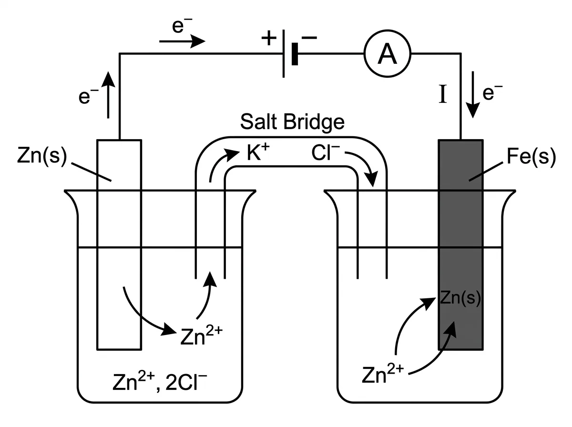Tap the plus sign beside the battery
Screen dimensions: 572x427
(269, 38)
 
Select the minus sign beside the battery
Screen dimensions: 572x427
(309, 38)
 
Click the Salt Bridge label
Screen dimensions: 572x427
(292, 122)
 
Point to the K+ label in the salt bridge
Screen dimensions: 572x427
(258, 152)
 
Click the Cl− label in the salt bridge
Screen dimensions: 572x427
(326, 152)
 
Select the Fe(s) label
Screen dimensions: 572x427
(531, 157)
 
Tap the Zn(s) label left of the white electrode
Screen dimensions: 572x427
(42, 156)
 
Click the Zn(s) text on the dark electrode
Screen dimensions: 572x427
(460, 297)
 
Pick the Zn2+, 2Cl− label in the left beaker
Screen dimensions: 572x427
(160, 382)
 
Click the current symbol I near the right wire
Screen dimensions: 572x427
(443, 94)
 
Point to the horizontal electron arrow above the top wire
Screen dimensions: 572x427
(182, 41)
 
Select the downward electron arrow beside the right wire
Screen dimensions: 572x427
(473, 94)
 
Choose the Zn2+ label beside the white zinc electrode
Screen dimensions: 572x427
(202, 335)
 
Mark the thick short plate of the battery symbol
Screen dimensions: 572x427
(295, 54)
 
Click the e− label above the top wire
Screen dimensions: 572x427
(182, 26)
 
